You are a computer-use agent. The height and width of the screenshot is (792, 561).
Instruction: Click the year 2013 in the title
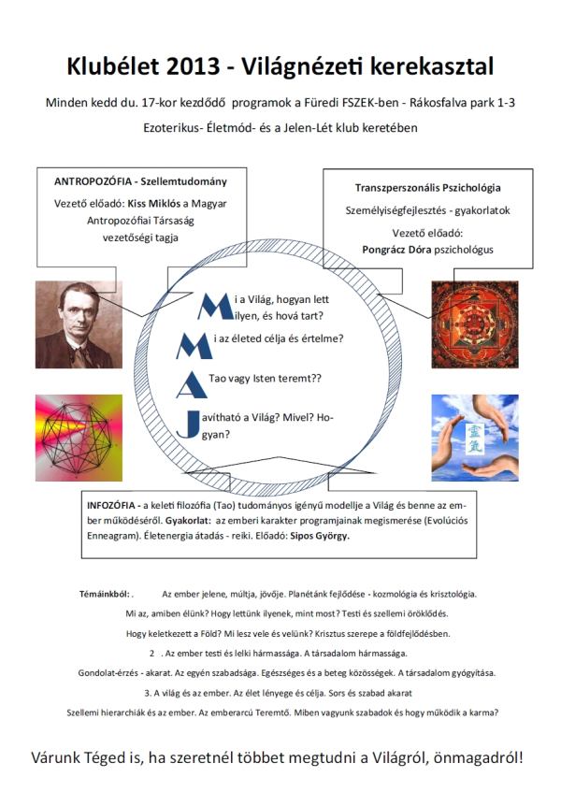tap(192, 66)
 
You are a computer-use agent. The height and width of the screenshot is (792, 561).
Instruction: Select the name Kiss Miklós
tap(153, 204)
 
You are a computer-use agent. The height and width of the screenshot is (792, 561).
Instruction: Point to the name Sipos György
tap(319, 536)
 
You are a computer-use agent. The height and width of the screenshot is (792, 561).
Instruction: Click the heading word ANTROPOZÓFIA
tap(93, 181)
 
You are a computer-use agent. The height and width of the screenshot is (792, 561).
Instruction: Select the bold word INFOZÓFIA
tap(111, 505)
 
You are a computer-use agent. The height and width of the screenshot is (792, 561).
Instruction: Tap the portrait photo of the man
tap(79, 324)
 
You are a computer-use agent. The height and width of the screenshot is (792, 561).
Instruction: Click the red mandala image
tap(475, 324)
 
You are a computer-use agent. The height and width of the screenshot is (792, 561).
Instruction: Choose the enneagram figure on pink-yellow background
tap(79, 438)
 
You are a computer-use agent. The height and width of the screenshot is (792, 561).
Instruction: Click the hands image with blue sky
tap(475, 438)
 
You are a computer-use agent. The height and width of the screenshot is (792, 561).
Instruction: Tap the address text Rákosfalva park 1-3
tap(462, 103)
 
